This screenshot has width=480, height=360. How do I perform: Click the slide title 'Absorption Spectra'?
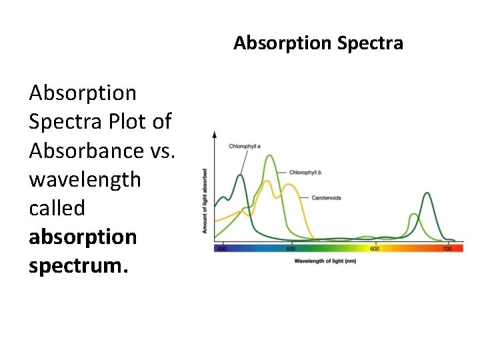click(x=318, y=43)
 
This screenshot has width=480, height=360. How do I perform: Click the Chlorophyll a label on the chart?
click(x=245, y=146)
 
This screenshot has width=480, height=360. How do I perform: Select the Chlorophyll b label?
click(x=305, y=173)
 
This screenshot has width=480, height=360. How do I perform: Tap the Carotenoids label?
click(x=327, y=198)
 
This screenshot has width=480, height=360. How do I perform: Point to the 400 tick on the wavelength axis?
click(x=222, y=249)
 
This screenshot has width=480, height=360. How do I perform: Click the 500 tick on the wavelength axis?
click(x=291, y=249)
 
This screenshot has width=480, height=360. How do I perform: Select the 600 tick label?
click(x=374, y=249)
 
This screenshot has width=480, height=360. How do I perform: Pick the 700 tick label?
click(x=447, y=249)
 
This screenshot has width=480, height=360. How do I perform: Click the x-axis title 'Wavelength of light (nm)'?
click(x=325, y=261)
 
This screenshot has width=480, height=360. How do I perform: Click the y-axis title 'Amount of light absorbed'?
click(x=205, y=201)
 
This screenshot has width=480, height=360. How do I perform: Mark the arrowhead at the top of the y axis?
click(x=214, y=134)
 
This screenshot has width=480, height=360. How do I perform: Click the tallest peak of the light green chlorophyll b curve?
click(x=269, y=156)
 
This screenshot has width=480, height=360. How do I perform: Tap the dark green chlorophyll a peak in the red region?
click(x=427, y=193)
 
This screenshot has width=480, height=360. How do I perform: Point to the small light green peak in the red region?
click(x=413, y=215)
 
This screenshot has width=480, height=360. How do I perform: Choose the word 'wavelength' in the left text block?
click(x=85, y=179)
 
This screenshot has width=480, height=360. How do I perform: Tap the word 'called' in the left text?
click(x=57, y=208)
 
